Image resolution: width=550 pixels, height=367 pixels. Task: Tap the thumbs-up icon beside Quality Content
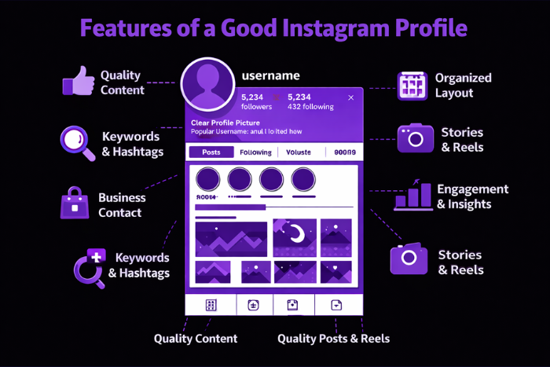pyautogui.click(x=78, y=81)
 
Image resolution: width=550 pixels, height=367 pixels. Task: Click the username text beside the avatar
pyautogui.click(x=271, y=75)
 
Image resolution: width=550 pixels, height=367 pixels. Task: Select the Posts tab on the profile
pyautogui.click(x=211, y=152)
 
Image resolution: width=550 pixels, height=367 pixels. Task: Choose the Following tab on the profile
pyautogui.click(x=255, y=152)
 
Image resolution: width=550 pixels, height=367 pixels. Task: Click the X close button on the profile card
pyautogui.click(x=350, y=97)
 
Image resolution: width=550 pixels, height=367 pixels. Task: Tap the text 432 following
pyautogui.click(x=310, y=106)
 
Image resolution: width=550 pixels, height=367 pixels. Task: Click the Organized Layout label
pyautogui.click(x=463, y=85)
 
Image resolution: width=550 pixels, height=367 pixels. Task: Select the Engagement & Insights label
pyautogui.click(x=472, y=196)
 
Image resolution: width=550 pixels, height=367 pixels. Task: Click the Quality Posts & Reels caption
pyautogui.click(x=333, y=339)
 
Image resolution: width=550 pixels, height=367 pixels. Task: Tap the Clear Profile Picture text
pyautogui.click(x=229, y=123)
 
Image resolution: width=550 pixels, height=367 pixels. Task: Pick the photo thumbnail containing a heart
pyautogui.click(x=339, y=271)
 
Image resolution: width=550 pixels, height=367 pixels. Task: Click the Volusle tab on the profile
pyautogui.click(x=299, y=152)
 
